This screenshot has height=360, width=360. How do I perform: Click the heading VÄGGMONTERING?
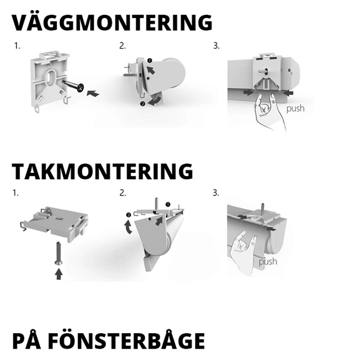112,22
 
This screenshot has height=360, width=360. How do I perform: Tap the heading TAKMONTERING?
102,170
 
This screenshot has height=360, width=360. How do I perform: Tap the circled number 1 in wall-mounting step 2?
149,60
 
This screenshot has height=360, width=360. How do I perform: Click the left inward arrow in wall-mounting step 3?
249,92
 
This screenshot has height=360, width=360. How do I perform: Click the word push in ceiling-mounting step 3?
268,261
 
